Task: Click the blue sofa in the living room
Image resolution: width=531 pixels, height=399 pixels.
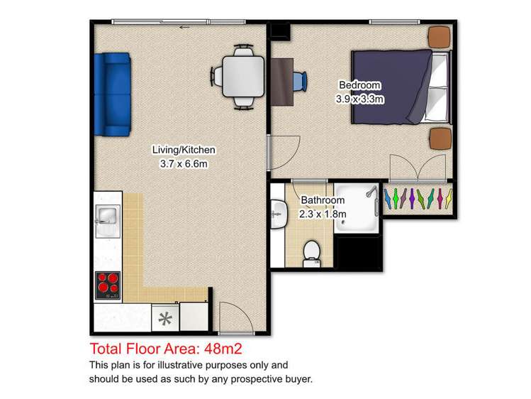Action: point(113,94)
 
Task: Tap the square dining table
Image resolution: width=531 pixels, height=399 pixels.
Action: point(243,77)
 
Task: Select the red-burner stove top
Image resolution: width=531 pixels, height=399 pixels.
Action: point(108,285)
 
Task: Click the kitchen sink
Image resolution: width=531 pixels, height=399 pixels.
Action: point(108,221)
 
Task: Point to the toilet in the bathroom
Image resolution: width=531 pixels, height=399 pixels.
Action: point(311,253)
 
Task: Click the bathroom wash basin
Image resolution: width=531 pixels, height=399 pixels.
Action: point(279,214)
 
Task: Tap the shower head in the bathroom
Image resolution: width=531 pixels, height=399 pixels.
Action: point(371,192)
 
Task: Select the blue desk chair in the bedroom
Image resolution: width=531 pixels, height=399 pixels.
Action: point(300,82)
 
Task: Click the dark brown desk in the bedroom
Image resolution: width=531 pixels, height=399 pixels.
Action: point(282,82)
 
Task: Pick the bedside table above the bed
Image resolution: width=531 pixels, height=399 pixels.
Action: point(440,37)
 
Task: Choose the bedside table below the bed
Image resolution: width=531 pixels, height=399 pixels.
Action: point(440,138)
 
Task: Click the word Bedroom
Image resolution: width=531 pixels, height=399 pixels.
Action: point(359,85)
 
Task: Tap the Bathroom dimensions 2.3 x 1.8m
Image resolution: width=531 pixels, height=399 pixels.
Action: point(323,214)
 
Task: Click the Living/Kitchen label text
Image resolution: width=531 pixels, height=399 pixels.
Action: point(184,150)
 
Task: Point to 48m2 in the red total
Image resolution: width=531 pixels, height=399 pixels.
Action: point(223,349)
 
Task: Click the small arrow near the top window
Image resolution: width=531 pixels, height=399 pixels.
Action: point(184,27)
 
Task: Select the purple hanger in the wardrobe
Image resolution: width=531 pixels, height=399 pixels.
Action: point(412,198)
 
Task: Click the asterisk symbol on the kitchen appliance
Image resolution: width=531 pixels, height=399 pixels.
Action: point(165,319)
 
